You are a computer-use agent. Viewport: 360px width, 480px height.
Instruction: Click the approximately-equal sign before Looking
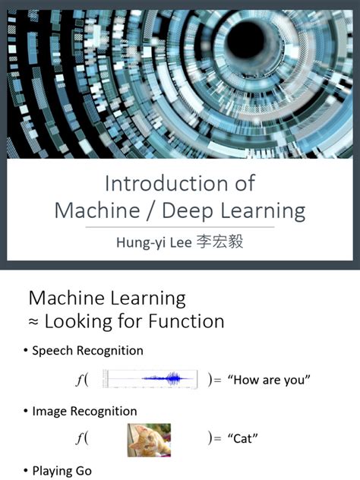(33, 321)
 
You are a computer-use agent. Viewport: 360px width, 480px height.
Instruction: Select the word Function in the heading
(185, 321)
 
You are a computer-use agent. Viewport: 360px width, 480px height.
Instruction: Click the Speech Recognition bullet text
(87, 351)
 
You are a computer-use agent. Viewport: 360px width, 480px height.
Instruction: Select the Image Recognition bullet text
(84, 411)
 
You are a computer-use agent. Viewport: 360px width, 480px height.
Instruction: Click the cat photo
(149, 440)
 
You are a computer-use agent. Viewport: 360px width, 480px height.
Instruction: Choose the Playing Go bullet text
(62, 471)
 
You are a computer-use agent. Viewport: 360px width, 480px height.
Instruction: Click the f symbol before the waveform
(80, 380)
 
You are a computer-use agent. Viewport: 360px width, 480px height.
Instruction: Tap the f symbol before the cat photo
(80, 439)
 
